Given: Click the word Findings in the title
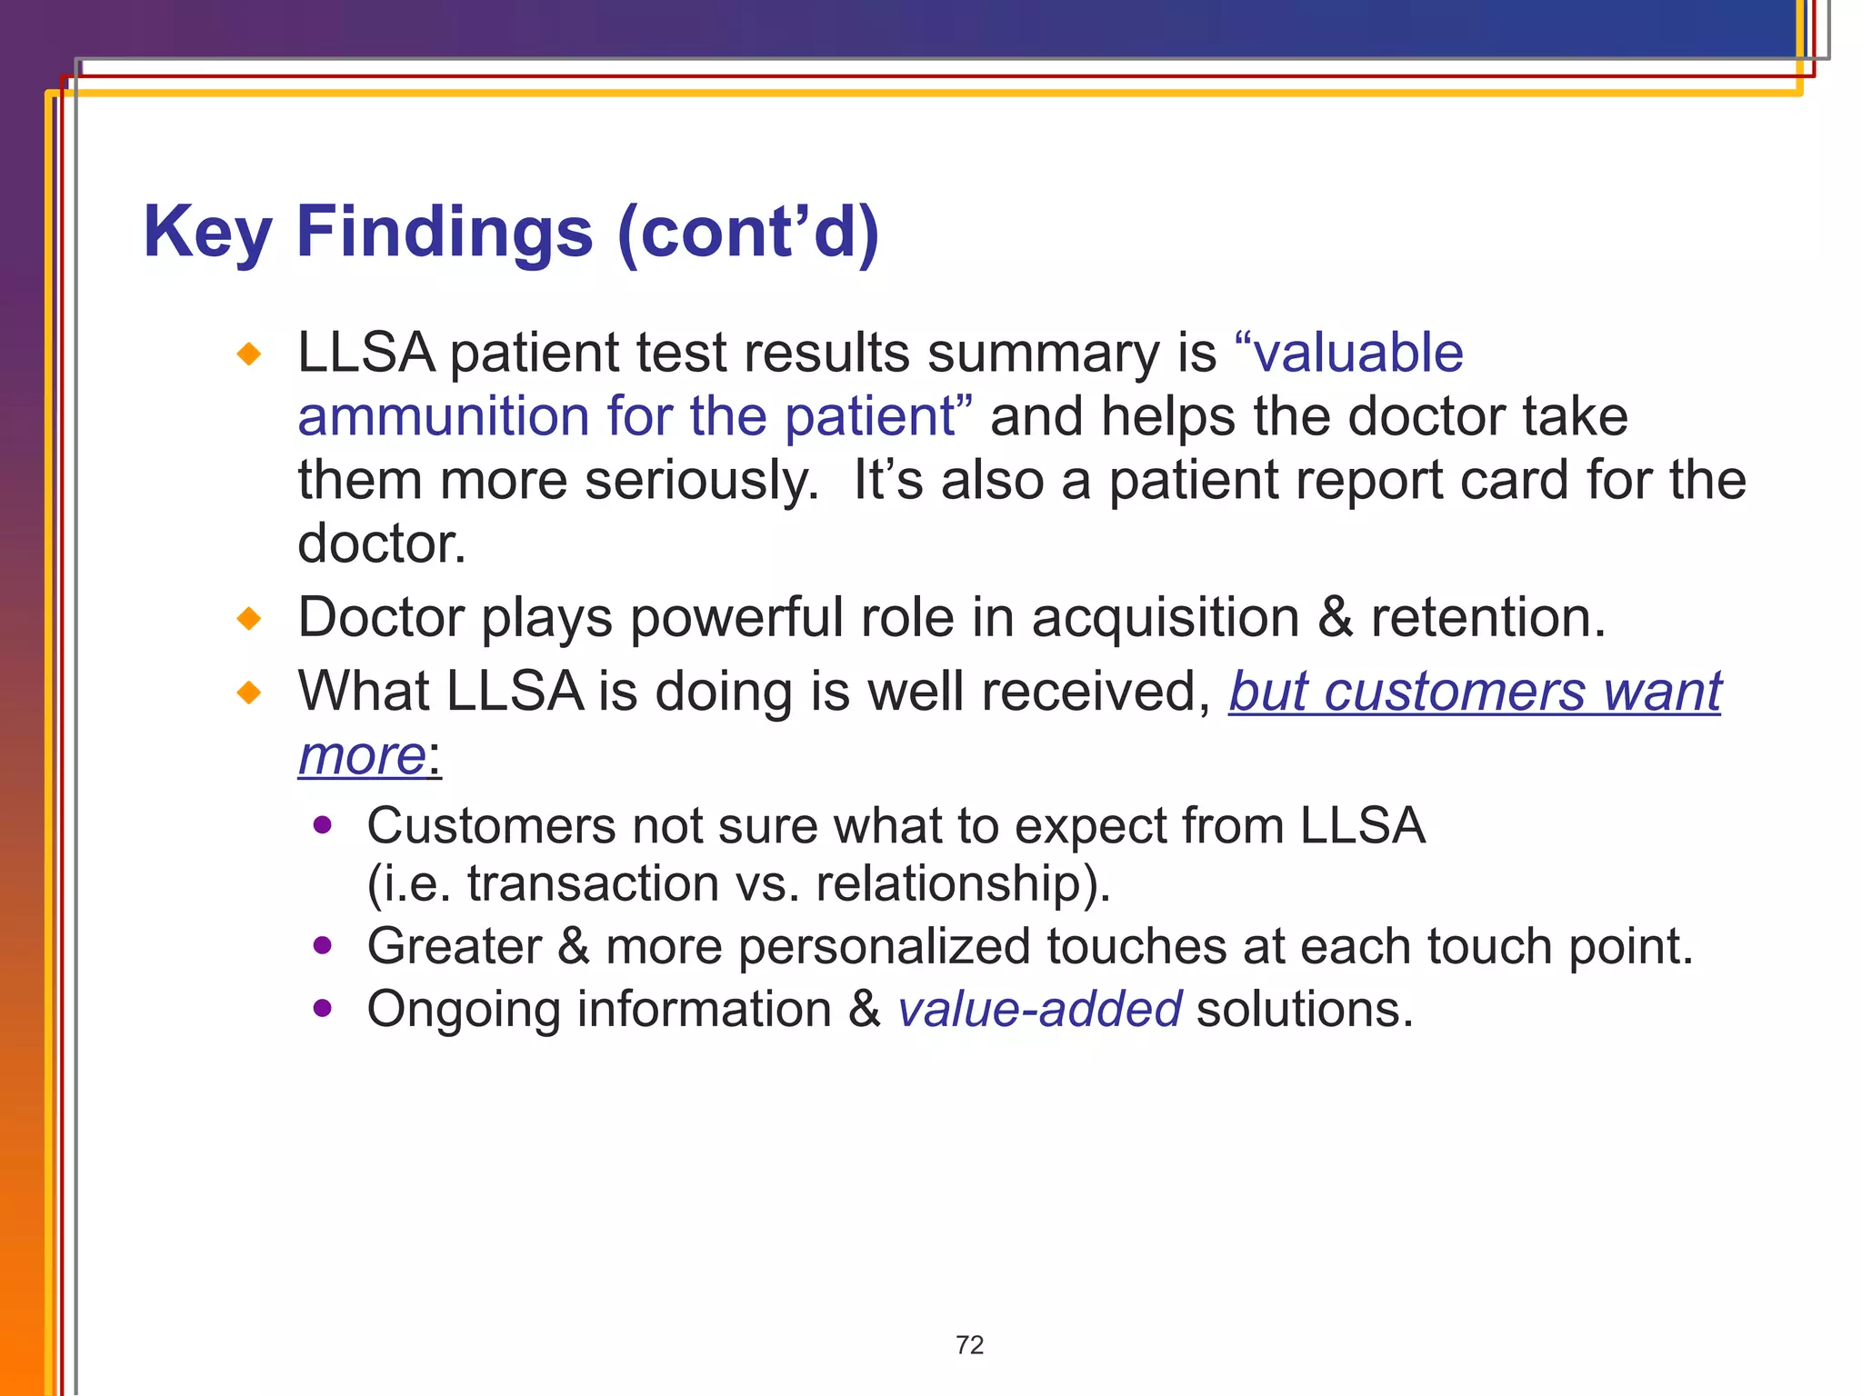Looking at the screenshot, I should [x=445, y=233].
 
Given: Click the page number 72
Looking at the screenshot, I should [x=969, y=1344].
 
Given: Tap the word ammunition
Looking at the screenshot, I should [x=444, y=417].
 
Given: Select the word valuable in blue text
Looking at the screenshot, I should [x=1358, y=353].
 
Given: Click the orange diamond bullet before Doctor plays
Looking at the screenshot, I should [x=248, y=620].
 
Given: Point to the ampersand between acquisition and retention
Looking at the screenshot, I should [x=1335, y=618].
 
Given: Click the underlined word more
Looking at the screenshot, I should [x=362, y=755].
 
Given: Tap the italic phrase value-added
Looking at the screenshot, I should [x=1039, y=1010].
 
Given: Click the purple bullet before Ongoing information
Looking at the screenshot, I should [x=322, y=1008].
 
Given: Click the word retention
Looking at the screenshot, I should [x=1487, y=618].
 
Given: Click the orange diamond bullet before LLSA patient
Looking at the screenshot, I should [x=248, y=354].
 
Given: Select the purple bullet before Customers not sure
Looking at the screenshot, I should [x=322, y=825].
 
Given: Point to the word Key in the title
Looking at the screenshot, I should [x=207, y=233].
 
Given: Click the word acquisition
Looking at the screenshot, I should [x=1166, y=618].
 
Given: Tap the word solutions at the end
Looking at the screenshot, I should [x=1304, y=1010].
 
